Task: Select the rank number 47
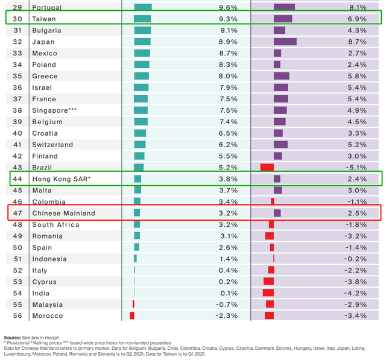[17, 213]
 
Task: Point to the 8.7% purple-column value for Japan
[358, 42]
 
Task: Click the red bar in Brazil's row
[267, 168]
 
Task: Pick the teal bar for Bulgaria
[142, 30]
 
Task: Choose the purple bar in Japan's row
[285, 42]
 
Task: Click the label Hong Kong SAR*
[61, 179]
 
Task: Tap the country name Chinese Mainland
[63, 213]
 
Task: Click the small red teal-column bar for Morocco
[132, 315]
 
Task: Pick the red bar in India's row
[268, 293]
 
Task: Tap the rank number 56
[17, 316]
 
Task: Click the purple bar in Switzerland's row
[280, 145]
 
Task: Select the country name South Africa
[57, 225]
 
